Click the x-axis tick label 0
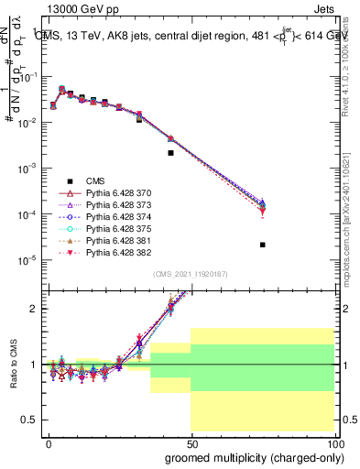click(x=49, y=443)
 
